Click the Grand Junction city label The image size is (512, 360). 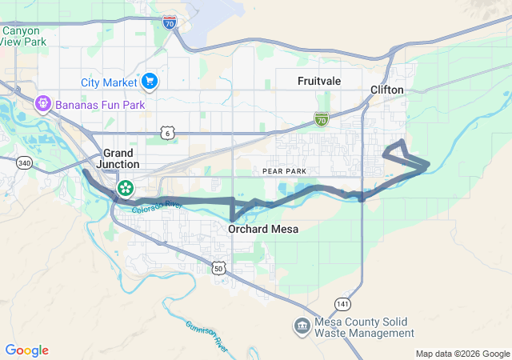121,158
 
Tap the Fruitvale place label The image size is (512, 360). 320,81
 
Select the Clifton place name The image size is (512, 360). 387,90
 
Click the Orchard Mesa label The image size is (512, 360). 263,230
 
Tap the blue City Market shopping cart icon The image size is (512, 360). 149,81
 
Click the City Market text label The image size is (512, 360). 109,82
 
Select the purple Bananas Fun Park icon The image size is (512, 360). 42,103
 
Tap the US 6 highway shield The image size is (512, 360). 166,132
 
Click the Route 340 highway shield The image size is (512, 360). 24,162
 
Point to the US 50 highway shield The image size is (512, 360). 218,270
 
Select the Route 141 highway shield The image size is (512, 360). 342,304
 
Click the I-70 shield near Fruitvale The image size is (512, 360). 322,120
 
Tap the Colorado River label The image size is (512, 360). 158,209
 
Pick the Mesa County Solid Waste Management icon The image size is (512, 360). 302,326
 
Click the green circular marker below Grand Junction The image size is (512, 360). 126,189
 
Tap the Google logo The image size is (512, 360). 26,350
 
